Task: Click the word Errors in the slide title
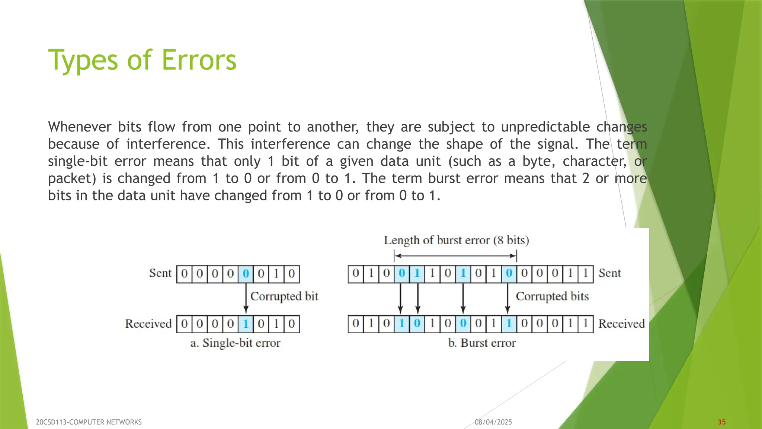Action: point(199,60)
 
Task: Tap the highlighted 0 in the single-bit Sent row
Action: point(246,274)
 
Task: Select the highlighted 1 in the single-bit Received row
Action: point(246,324)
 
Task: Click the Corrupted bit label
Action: point(284,296)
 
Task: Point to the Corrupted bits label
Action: point(552,296)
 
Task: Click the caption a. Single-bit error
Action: point(235,343)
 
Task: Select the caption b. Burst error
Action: point(482,343)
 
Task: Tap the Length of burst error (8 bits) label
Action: point(457,241)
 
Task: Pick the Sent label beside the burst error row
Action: point(609,273)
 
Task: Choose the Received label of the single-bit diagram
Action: point(148,324)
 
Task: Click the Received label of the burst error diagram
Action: point(621,324)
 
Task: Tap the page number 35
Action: point(722,422)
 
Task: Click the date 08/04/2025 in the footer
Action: point(493,422)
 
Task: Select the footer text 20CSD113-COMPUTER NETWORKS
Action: point(89,422)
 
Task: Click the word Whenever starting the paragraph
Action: point(80,127)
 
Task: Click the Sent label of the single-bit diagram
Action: point(160,273)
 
